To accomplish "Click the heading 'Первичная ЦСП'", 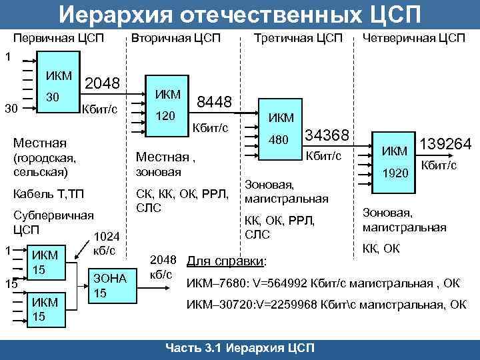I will tap(58, 38).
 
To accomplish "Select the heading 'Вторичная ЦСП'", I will tap(175, 38).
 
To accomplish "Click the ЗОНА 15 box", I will tap(109, 285).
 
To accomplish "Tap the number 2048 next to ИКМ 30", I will tap(103, 83).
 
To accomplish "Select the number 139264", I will tap(445, 144).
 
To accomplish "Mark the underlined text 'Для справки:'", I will tap(227, 261).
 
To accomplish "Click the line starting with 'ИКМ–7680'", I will tap(323, 283).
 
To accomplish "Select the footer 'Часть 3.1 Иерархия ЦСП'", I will tap(241, 349).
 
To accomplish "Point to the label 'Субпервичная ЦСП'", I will tap(53, 223).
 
